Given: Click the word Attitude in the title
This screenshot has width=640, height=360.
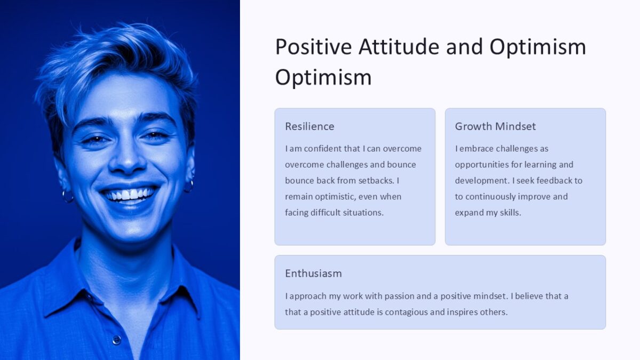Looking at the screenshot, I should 399,47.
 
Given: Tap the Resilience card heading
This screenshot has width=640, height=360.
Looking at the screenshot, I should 309,126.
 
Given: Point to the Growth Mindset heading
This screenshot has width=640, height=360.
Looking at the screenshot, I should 495,126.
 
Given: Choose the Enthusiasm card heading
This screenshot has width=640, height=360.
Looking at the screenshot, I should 313,274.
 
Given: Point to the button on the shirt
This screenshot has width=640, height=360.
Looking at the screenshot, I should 116,340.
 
